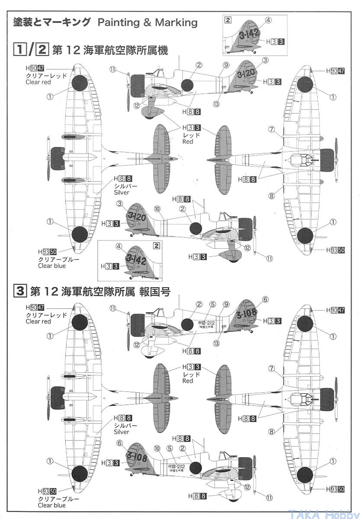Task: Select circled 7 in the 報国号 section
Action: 272,369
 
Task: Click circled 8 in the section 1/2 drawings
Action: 271,195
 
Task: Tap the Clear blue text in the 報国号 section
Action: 52,505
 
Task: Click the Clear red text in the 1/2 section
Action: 38,82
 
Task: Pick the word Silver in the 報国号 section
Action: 122,432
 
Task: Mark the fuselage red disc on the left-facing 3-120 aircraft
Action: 187,85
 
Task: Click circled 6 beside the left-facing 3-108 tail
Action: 266,300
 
